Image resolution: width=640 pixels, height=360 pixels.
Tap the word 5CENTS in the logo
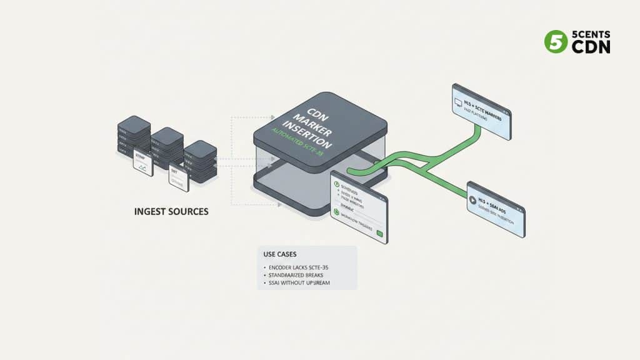pyautogui.click(x=591, y=34)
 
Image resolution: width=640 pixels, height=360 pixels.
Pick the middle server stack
pyautogui.click(x=167, y=147)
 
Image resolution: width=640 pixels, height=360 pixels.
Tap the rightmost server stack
pyautogui.click(x=201, y=161)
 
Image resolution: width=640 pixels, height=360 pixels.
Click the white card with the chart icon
pyautogui.click(x=142, y=164)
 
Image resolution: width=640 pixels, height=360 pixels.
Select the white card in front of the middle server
pyautogui.click(x=179, y=179)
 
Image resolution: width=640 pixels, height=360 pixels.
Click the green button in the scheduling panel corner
pyautogui.click(x=379, y=233)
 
